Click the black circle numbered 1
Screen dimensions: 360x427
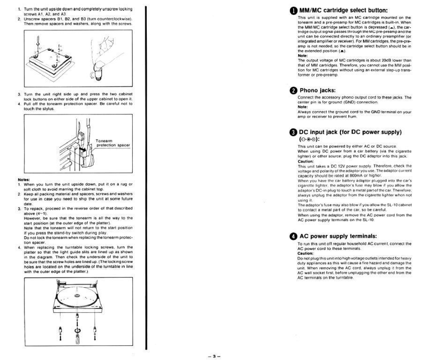coord(293,10)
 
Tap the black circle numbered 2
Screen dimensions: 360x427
coord(293,90)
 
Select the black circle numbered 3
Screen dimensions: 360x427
coord(293,132)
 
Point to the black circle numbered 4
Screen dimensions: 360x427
coord(293,236)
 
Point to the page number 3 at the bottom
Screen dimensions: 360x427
coord(213,356)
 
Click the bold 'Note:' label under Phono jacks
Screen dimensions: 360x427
coord(303,107)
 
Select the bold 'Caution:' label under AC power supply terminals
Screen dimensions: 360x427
coord(306,254)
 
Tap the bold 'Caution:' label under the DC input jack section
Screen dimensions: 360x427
coord(306,161)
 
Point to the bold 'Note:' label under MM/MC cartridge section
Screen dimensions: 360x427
coord(303,55)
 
